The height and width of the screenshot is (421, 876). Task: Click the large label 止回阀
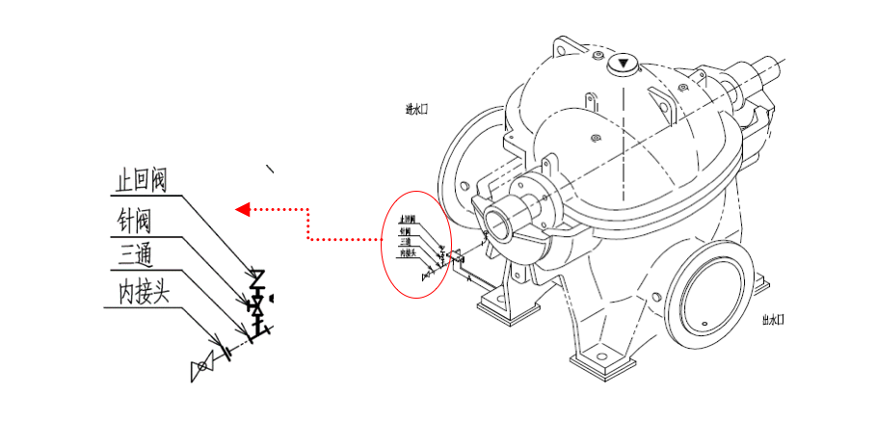tap(141, 180)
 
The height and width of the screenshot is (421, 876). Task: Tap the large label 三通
tap(135, 255)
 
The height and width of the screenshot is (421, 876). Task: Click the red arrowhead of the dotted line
tap(244, 208)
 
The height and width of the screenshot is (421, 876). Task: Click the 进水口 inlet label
tap(416, 109)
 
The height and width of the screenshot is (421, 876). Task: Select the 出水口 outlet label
tap(773, 320)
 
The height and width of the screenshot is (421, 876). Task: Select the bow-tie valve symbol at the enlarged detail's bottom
tap(202, 366)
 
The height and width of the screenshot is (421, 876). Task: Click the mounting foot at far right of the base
tap(759, 284)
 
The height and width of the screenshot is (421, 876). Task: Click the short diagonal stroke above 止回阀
tap(271, 170)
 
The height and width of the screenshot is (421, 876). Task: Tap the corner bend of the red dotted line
tap(307, 209)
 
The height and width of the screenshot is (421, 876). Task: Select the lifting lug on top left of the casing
tap(563, 48)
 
